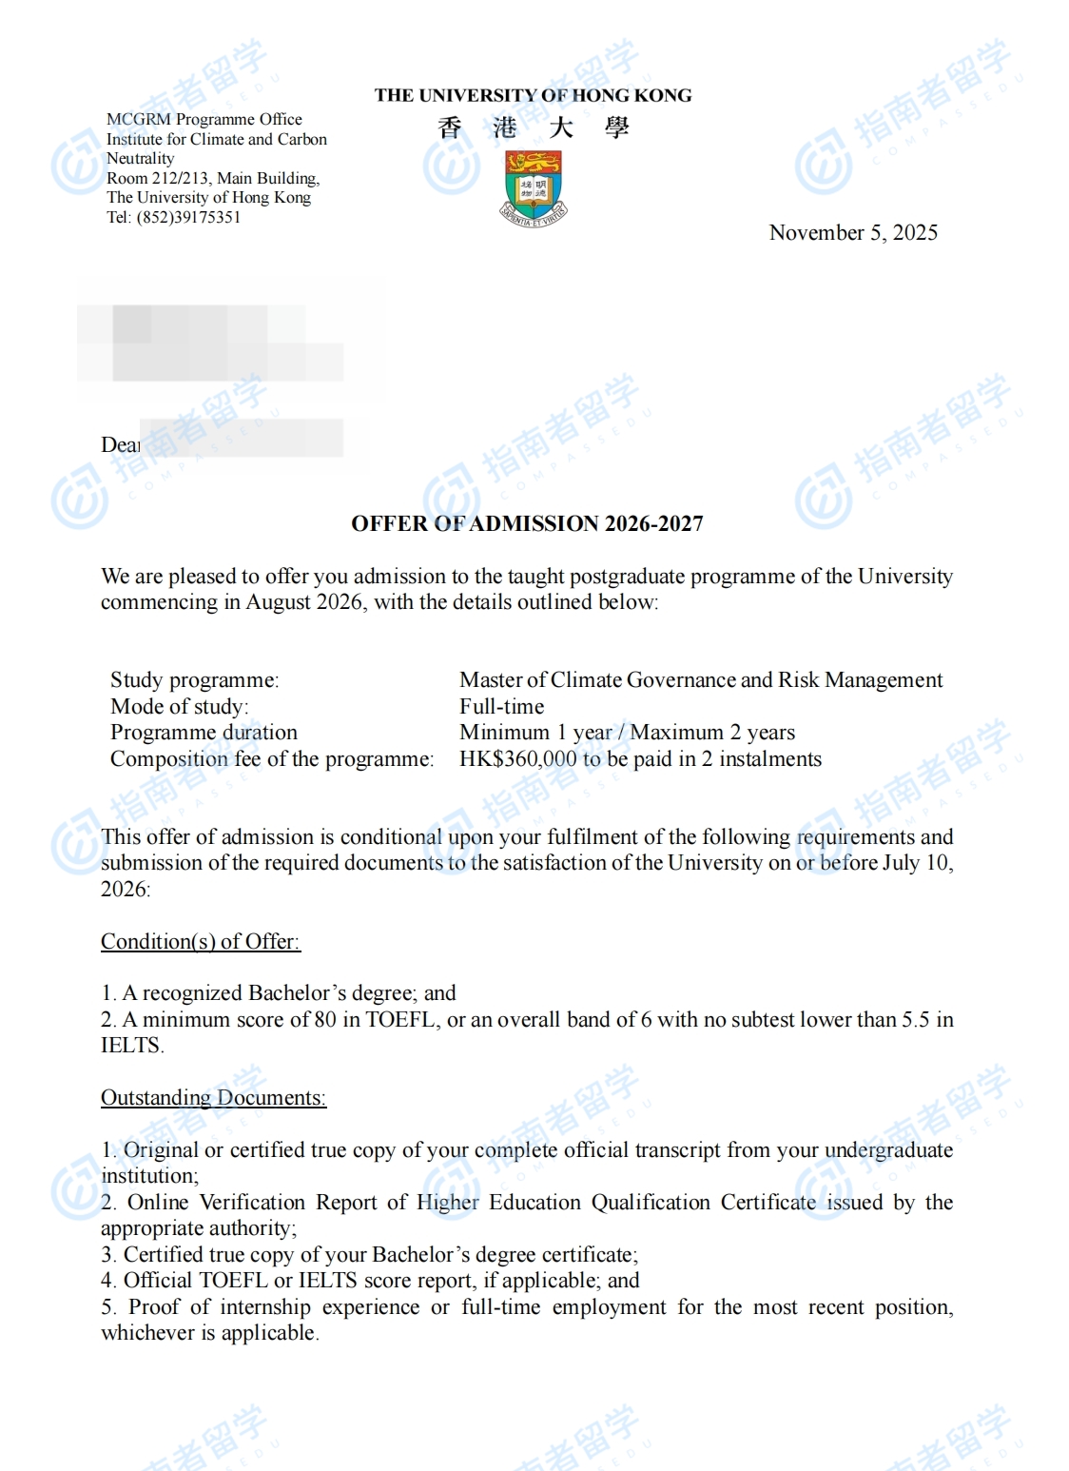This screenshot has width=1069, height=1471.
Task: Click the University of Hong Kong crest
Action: [x=534, y=186]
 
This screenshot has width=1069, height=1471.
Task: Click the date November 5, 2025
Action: [x=853, y=233]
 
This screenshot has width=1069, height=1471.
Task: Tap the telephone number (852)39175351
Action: [x=188, y=217]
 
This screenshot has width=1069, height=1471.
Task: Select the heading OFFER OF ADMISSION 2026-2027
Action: [x=527, y=523]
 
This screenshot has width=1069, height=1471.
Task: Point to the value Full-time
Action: [x=501, y=707]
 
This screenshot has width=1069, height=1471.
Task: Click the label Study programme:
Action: [x=194, y=680]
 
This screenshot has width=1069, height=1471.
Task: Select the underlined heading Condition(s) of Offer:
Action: [x=200, y=941]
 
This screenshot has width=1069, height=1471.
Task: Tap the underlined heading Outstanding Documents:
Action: [x=213, y=1098]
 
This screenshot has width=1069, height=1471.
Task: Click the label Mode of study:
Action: [x=179, y=707]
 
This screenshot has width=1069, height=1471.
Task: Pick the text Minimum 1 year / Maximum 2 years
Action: [x=627, y=733]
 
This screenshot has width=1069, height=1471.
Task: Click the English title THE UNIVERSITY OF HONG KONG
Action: [x=533, y=95]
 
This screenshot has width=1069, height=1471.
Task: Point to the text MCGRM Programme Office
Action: [x=204, y=119]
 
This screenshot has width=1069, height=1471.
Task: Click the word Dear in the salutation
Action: [x=120, y=444]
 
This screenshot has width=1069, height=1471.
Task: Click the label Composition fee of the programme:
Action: [x=271, y=759]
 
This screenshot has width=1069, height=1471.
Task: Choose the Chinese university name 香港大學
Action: [x=533, y=127]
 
